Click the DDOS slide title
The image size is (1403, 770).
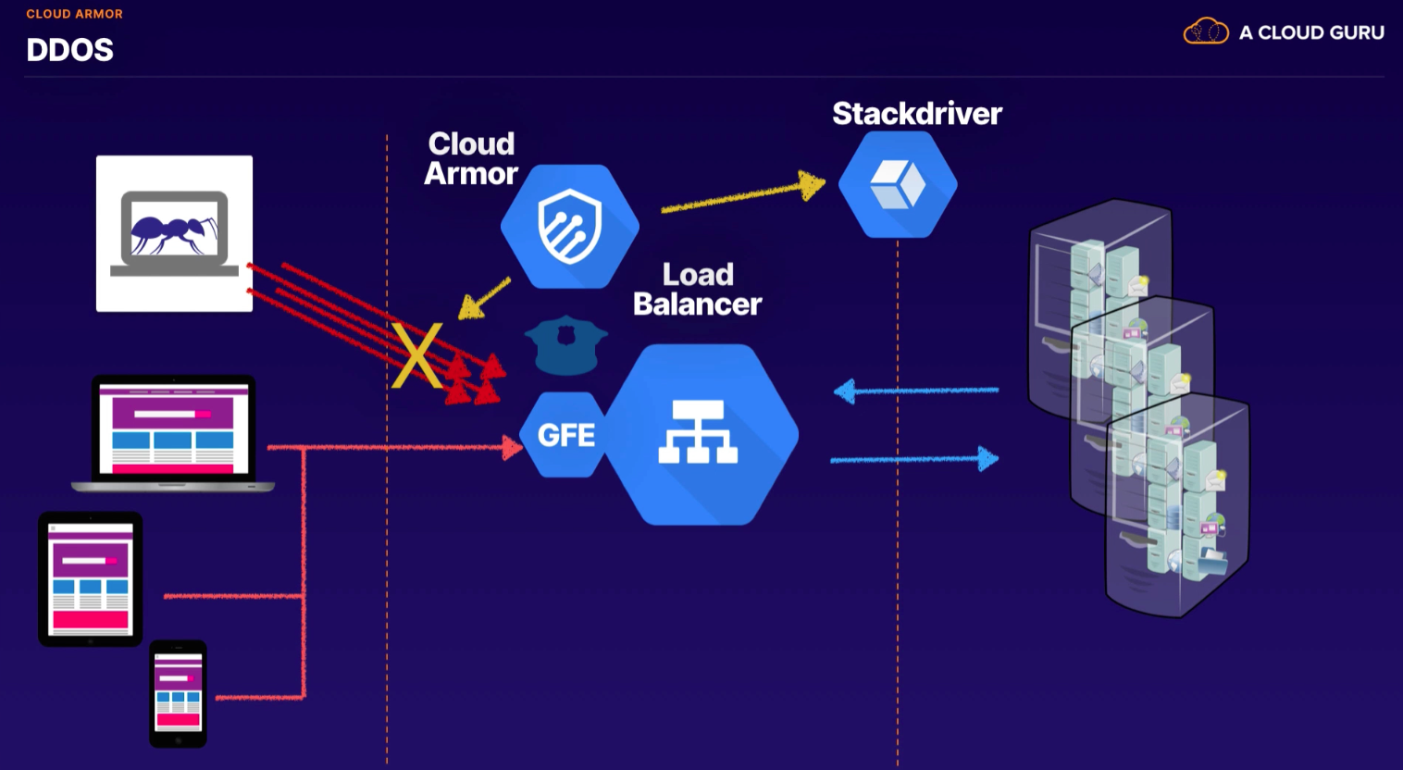coord(69,50)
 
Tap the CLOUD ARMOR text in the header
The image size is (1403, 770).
coord(74,14)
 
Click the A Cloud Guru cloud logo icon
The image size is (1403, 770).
coord(1205,31)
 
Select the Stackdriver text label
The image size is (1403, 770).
coord(916,114)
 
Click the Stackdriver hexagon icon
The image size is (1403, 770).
coord(898,184)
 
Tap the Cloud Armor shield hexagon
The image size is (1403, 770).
coord(569,227)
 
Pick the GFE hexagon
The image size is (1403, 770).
coord(565,435)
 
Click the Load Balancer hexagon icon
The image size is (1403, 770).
coord(699,435)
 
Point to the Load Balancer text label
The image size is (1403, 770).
coord(697,289)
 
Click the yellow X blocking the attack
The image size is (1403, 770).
coord(417,355)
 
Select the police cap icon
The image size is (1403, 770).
coord(565,344)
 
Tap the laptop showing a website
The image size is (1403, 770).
coord(173,432)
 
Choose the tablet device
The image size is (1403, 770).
coord(90,578)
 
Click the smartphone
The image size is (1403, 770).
coord(178,693)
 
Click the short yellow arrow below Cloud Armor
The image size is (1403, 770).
coord(484,298)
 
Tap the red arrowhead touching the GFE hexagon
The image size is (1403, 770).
coord(512,449)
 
